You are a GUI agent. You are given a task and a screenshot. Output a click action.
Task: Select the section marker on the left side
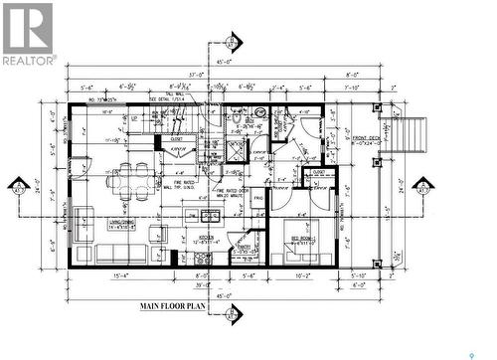pyautogui.click(x=18, y=188)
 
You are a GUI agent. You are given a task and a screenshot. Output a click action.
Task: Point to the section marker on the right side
pyautogui.click(x=424, y=188)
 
